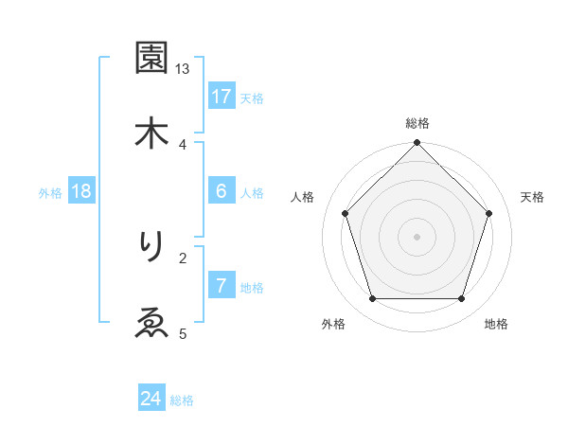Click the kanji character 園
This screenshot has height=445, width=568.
151,59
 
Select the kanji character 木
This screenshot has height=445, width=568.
151,133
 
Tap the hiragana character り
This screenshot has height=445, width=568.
151,247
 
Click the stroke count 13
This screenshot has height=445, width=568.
183,69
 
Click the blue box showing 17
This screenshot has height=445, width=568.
222,97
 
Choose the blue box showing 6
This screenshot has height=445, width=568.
222,191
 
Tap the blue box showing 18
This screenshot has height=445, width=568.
81,191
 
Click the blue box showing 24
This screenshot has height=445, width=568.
151,399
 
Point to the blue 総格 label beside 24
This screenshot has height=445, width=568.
182,400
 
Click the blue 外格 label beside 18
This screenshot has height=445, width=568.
50,192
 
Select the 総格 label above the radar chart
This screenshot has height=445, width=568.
417,123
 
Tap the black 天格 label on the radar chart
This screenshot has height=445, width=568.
532,197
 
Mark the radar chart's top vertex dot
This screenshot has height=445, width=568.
417,144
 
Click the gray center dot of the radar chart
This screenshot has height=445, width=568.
417,236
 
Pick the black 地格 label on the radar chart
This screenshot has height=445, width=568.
496,324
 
